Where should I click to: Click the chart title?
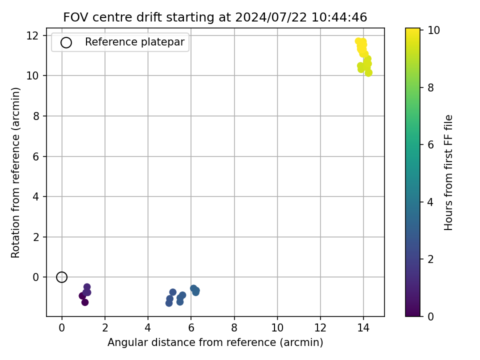[x=215, y=17]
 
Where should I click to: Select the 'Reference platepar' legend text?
[x=134, y=42]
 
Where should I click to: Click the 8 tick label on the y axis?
[x=36, y=116]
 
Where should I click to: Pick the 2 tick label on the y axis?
[x=36, y=237]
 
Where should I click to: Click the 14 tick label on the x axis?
[x=363, y=328]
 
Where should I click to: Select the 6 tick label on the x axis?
[x=191, y=328]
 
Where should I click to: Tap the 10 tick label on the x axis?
[x=277, y=328]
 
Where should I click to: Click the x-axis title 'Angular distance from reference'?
[x=215, y=342]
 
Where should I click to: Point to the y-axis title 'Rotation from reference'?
[x=15, y=172]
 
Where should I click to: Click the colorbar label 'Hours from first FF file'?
[x=448, y=172]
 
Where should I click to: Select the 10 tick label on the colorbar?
[x=433, y=30]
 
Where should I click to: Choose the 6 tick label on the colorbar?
[x=430, y=145]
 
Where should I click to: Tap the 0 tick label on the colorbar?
[x=430, y=316]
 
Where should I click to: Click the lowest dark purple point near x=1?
[x=85, y=302]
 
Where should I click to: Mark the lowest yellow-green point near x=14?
[x=368, y=73]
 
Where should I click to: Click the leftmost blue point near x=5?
[x=169, y=303]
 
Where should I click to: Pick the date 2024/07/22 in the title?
[x=271, y=17]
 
